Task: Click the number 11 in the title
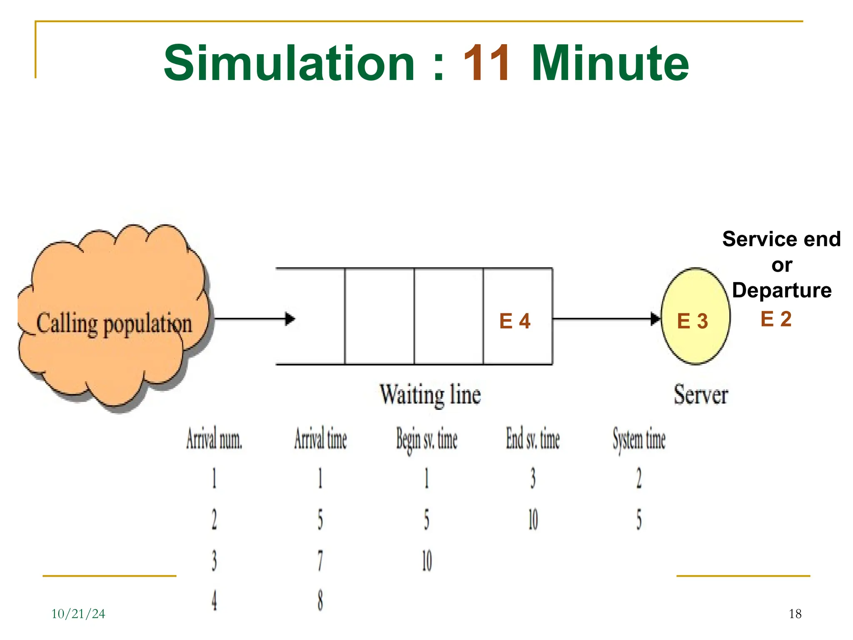click(486, 63)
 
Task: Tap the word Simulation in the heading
click(289, 63)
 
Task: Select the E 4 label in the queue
click(515, 321)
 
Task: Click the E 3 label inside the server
click(692, 321)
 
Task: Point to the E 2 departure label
click(776, 319)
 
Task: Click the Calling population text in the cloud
click(114, 323)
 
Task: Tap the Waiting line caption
click(430, 394)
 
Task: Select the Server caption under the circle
click(701, 394)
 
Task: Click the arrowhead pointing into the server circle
click(656, 319)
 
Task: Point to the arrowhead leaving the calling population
click(290, 319)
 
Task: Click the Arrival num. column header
click(214, 439)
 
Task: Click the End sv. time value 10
click(533, 520)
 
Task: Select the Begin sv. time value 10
click(427, 560)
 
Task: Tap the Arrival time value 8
click(320, 600)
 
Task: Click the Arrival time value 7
click(320, 560)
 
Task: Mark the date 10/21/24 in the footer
click(78, 614)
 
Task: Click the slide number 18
click(795, 614)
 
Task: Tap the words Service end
click(781, 239)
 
